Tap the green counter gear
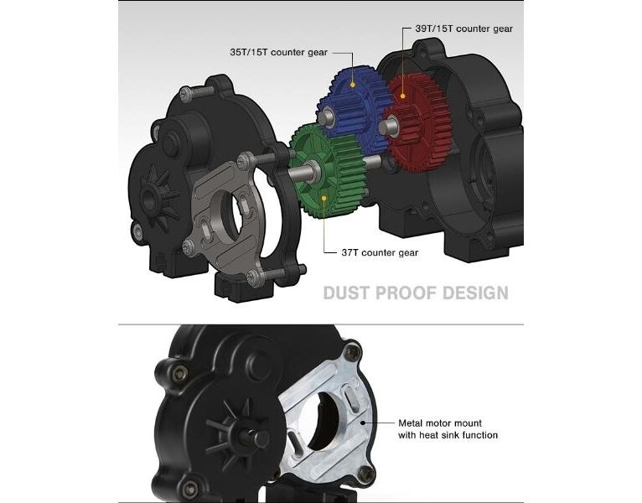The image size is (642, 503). point(328,172)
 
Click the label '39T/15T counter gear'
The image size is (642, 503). point(463,29)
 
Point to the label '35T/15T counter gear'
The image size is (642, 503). point(279,53)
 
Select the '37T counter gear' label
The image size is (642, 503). point(380,252)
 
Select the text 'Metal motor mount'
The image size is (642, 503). point(440,423)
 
